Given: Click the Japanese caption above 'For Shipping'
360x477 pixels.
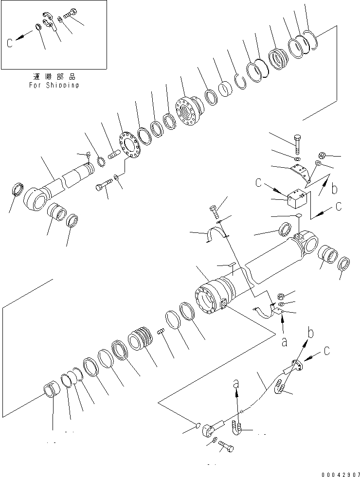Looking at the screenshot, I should tap(54, 77).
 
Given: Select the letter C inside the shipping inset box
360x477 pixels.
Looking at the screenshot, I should tap(10, 43).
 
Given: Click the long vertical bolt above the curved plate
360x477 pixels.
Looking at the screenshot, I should tap(297, 144).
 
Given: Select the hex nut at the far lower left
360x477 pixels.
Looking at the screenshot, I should tap(51, 389).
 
